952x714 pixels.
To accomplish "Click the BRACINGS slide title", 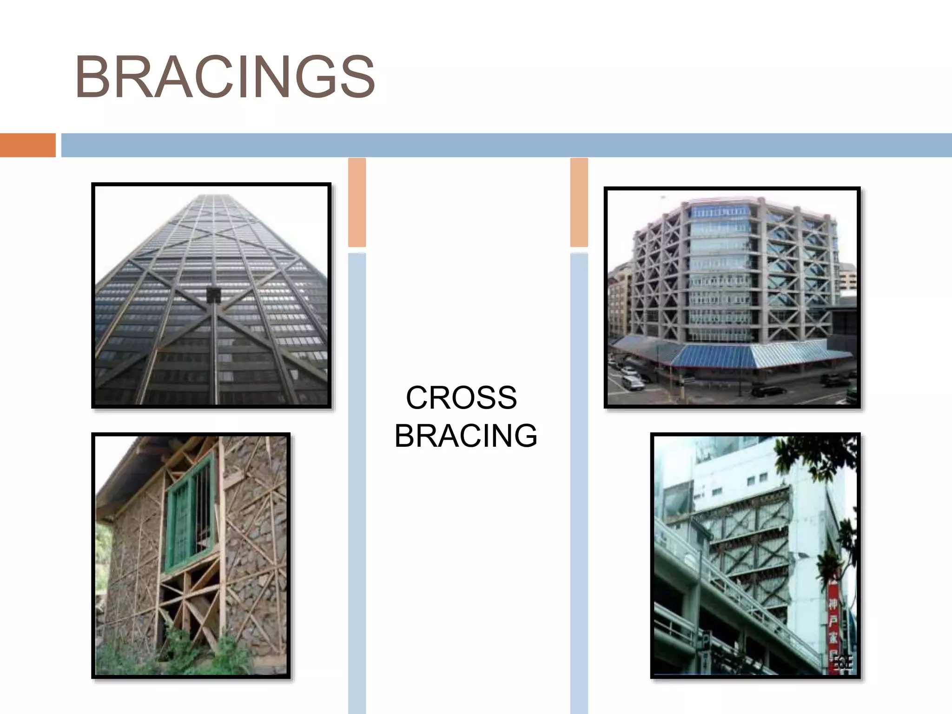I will [225, 77].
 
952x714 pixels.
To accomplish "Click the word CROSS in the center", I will [461, 398].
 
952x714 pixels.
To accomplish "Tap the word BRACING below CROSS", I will [466, 436].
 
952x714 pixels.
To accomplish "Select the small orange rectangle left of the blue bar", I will [27, 145].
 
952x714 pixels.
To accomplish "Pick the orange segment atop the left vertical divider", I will [357, 202].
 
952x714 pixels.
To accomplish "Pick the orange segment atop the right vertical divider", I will [579, 202].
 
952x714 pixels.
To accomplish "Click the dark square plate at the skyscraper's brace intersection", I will [214, 295].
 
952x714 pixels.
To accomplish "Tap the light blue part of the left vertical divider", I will [357, 465].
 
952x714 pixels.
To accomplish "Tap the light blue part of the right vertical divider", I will [579, 465].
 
